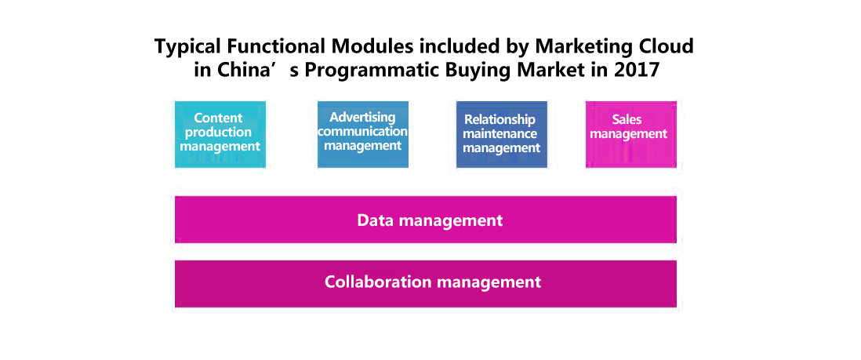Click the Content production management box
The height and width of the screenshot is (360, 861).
[220, 134]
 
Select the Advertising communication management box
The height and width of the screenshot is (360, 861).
[363, 134]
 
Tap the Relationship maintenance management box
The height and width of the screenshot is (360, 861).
[502, 134]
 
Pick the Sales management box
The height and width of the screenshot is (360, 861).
[631, 134]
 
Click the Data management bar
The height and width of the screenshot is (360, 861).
[426, 220]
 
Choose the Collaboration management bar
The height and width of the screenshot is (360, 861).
[426, 284]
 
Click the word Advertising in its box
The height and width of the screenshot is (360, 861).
[362, 117]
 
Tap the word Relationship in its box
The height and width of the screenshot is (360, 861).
[500, 120]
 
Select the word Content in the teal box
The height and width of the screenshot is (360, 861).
[218, 118]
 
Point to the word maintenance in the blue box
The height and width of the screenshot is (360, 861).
[500, 134]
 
